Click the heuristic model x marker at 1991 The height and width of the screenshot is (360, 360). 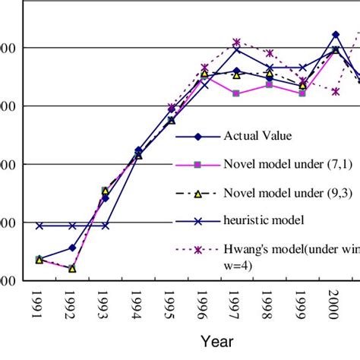pos(39,226)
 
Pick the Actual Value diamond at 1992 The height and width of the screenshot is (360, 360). pos(72,248)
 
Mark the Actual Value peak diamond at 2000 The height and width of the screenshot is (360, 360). pos(336,34)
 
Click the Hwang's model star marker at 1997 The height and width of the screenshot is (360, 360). pos(237,43)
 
